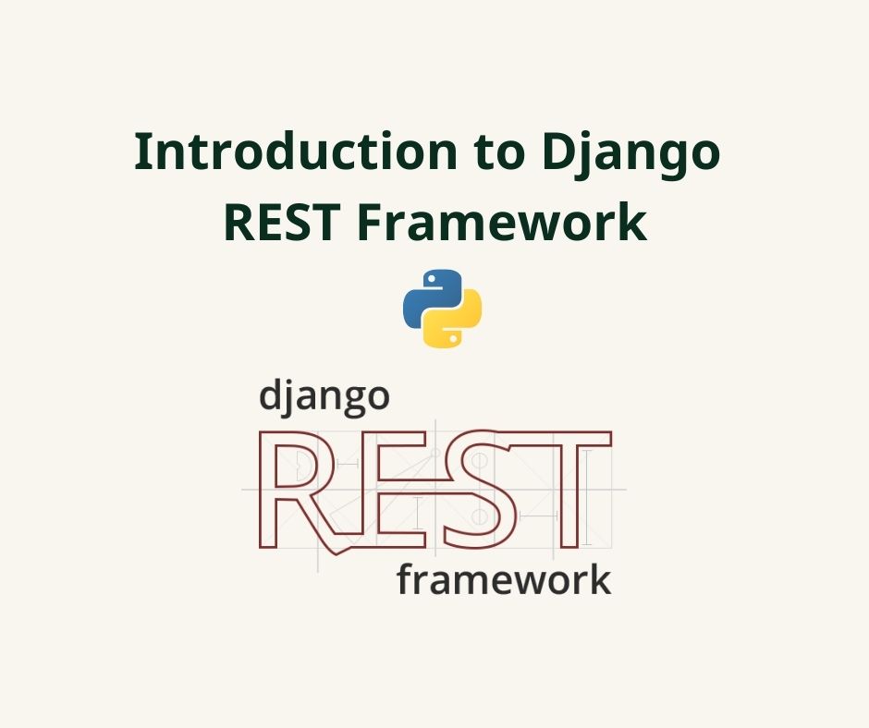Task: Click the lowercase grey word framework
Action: point(503,581)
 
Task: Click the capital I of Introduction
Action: point(142,152)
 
